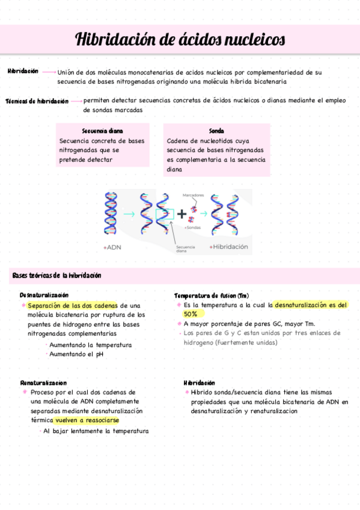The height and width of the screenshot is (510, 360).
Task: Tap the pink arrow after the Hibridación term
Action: tap(49, 72)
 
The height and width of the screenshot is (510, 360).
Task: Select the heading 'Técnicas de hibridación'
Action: tap(37, 102)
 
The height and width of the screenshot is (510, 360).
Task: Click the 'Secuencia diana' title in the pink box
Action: tap(102, 131)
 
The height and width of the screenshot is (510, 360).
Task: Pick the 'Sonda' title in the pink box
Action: tap(216, 131)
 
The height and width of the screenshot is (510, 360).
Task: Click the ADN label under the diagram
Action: tap(114, 247)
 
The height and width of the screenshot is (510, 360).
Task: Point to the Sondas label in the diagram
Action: tap(193, 228)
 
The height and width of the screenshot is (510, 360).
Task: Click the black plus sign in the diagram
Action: tap(182, 213)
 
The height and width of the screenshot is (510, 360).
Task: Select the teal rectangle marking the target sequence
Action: tap(164, 214)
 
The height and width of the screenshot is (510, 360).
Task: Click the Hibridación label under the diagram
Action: tap(230, 247)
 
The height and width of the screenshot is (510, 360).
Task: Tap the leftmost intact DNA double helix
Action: tap(111, 213)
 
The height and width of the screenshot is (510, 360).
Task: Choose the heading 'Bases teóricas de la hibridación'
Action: tap(56, 275)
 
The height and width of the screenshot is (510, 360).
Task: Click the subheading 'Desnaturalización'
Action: tap(44, 295)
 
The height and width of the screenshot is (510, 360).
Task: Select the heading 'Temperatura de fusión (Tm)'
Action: tap(212, 296)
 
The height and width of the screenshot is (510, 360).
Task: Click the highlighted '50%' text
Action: tap(191, 314)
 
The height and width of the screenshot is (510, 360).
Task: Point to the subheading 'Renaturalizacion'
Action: tap(43, 382)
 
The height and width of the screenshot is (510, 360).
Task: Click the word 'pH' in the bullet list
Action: tap(100, 355)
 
